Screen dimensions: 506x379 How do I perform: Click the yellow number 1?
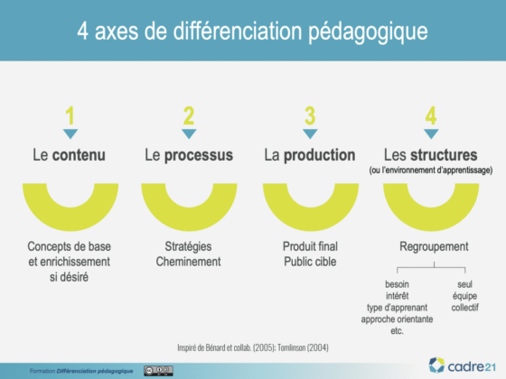click(70, 116)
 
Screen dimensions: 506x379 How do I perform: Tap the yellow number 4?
click(431, 116)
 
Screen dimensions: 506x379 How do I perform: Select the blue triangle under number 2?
click(189, 134)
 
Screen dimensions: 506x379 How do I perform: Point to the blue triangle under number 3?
click(310, 134)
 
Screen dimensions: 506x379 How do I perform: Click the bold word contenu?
click(80, 155)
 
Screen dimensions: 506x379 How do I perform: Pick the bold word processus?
click(199, 155)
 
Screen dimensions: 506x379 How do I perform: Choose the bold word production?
click(320, 155)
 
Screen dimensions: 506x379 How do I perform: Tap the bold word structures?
click(444, 155)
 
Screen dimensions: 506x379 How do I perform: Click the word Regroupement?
click(434, 247)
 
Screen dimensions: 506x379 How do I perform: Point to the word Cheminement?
click(189, 262)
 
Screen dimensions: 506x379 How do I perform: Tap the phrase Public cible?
click(310, 262)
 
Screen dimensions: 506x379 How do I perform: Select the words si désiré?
click(69, 277)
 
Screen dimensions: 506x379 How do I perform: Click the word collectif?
click(464, 308)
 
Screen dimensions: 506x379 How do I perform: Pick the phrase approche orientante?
click(397, 319)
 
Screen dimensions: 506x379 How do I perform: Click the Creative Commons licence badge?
click(158, 371)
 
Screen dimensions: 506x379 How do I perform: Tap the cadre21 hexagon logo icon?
click(436, 365)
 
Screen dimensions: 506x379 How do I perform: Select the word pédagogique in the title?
click(368, 32)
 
